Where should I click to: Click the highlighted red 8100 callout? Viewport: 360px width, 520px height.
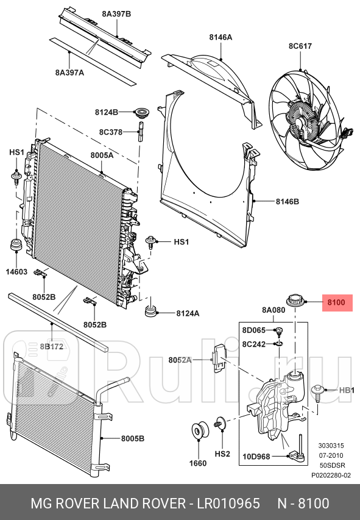tap(337, 302)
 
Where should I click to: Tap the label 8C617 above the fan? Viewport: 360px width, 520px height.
tap(300, 45)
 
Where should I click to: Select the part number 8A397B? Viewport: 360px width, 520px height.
tap(116, 13)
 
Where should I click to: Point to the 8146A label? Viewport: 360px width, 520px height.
tap(221, 37)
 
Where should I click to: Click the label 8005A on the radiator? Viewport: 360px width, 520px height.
tap(102, 155)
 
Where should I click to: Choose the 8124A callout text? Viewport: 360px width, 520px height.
tap(188, 314)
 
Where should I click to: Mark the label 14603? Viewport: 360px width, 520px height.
tap(17, 271)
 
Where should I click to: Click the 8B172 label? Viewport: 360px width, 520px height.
tap(52, 347)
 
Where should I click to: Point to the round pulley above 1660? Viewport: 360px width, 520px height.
tap(199, 431)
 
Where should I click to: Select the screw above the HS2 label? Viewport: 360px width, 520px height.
tap(219, 422)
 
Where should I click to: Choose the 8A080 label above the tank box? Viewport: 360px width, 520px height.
tap(274, 310)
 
